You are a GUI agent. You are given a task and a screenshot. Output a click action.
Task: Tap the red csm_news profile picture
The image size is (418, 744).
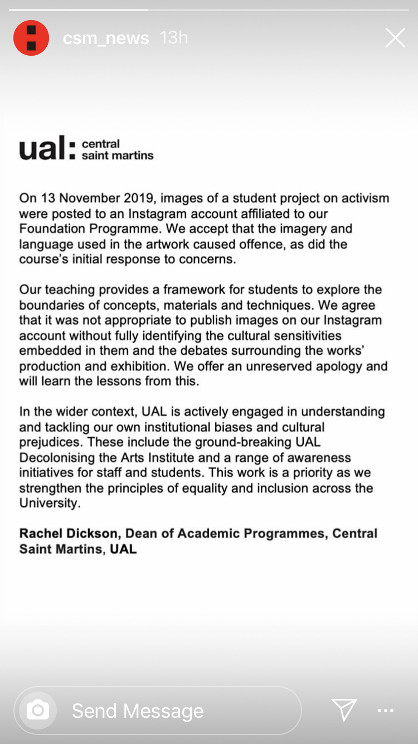(x=31, y=38)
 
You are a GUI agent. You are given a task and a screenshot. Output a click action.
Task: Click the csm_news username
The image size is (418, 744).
(x=106, y=38)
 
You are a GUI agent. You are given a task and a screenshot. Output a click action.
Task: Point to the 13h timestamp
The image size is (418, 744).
(x=173, y=38)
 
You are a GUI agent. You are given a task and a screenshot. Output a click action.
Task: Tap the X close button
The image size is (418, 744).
(x=395, y=38)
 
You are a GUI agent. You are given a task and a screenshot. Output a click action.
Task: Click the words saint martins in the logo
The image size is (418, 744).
(x=117, y=156)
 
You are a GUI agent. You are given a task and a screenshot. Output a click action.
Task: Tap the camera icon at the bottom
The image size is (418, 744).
(x=38, y=710)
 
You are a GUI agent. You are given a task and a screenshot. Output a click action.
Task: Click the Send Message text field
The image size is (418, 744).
(x=167, y=711)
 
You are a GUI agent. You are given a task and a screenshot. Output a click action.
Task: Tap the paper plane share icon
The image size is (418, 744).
(x=344, y=710)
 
